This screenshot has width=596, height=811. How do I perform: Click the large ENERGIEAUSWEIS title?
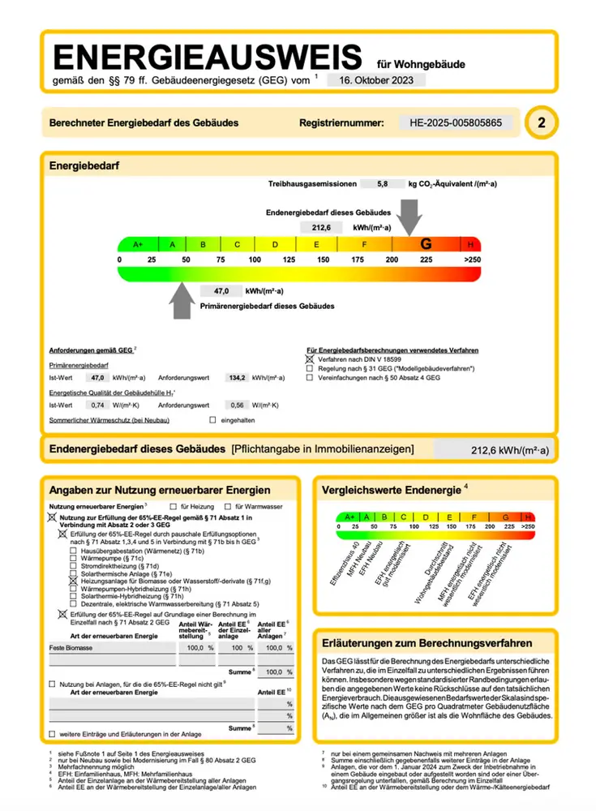click(x=207, y=58)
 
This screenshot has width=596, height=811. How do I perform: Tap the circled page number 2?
click(x=541, y=123)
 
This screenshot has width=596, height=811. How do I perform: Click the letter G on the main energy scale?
click(x=425, y=244)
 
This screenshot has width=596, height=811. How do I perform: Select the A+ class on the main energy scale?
click(x=137, y=244)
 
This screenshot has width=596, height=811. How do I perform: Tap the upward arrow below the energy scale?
click(x=185, y=304)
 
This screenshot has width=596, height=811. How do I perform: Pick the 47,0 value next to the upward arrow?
click(x=222, y=290)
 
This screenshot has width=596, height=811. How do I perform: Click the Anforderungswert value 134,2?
click(x=237, y=378)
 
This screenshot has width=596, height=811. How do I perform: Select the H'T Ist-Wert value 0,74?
click(x=98, y=405)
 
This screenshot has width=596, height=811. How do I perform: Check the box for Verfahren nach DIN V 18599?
click(x=309, y=358)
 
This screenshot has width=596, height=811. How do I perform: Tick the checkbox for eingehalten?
click(x=213, y=420)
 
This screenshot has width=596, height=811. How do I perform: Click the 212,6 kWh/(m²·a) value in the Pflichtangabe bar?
click(x=510, y=451)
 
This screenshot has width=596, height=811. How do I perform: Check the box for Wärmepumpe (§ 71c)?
click(x=73, y=559)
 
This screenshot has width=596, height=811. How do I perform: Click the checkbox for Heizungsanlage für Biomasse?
click(x=73, y=581)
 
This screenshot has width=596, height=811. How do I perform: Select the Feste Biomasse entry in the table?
click(x=70, y=648)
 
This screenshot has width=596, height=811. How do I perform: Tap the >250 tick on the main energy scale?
click(x=471, y=260)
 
